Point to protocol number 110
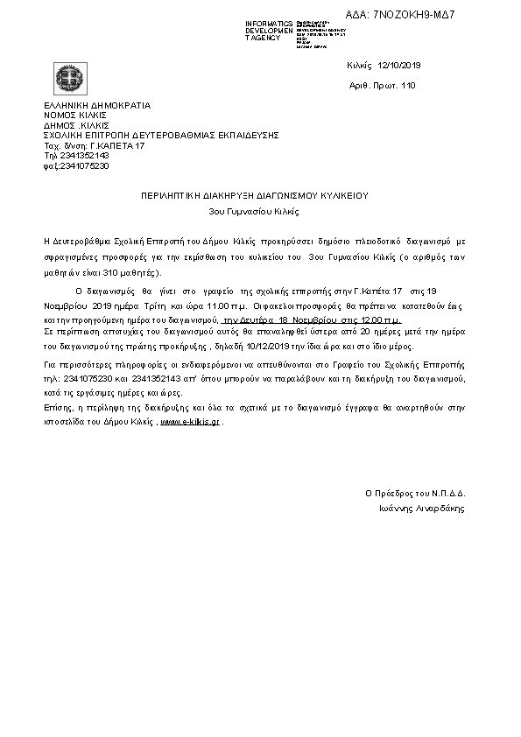click(407, 86)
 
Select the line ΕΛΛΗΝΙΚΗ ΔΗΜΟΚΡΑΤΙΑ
click(96, 106)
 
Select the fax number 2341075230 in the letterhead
click(83, 165)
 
